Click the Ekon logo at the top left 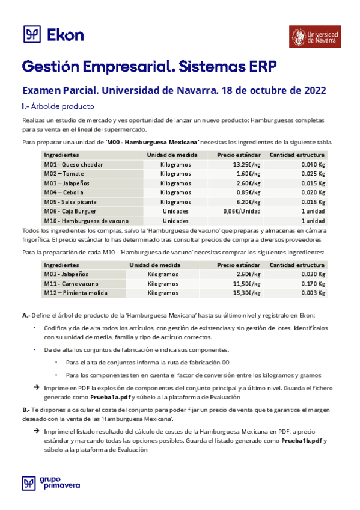click(53, 35)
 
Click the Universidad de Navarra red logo click(313, 37)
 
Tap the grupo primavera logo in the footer click(51, 483)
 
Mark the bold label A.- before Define click(26, 315)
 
